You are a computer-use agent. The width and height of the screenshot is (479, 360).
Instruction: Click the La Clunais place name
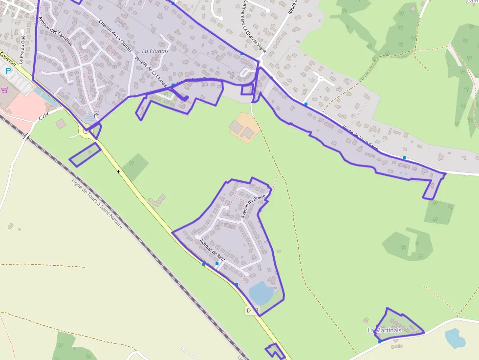point(155,51)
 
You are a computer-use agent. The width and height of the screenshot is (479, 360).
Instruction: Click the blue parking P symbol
point(8,71)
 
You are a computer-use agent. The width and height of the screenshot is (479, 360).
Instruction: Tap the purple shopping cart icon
point(5,90)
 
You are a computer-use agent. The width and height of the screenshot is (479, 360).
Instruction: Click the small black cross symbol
point(118,171)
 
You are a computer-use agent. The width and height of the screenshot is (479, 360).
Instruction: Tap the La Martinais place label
point(384,330)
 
